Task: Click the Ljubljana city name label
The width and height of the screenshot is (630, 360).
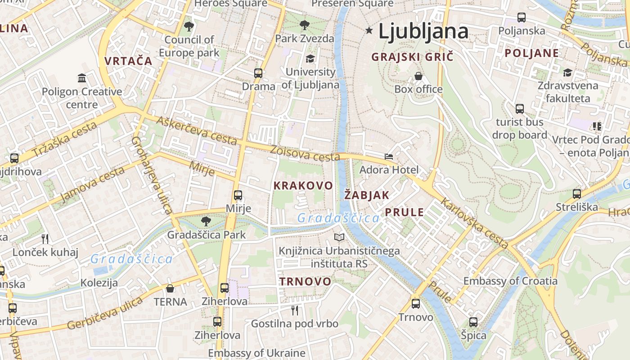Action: click(x=423, y=31)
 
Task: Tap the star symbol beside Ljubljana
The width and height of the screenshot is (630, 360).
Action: click(x=369, y=31)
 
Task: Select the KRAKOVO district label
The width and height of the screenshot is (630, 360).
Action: click(x=303, y=185)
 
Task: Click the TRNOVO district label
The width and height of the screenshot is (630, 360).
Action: click(x=305, y=282)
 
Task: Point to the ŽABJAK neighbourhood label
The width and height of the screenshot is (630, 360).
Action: click(x=367, y=195)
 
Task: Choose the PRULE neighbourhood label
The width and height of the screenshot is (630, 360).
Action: click(x=404, y=212)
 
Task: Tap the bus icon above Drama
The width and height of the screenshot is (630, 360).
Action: click(x=258, y=73)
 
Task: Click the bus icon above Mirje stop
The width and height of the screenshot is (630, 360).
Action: click(x=238, y=195)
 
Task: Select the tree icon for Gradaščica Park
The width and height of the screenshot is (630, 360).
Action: click(x=206, y=221)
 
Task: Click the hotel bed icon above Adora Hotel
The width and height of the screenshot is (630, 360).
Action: click(x=389, y=157)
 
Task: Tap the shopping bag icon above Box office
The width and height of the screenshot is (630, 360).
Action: click(x=418, y=76)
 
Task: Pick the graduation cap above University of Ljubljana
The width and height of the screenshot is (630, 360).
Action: click(x=310, y=59)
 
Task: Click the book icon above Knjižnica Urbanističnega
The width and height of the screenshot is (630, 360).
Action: click(x=339, y=237)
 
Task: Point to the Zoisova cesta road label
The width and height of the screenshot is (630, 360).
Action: click(x=305, y=153)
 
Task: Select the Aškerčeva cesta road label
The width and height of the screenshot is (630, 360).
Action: click(x=197, y=130)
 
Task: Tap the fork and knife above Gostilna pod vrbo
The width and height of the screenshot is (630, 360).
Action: click(x=295, y=310)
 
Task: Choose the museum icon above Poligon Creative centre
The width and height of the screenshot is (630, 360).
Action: click(x=82, y=78)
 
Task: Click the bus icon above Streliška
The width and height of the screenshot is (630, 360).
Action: click(x=576, y=194)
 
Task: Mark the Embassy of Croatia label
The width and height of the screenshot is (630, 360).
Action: click(x=510, y=281)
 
